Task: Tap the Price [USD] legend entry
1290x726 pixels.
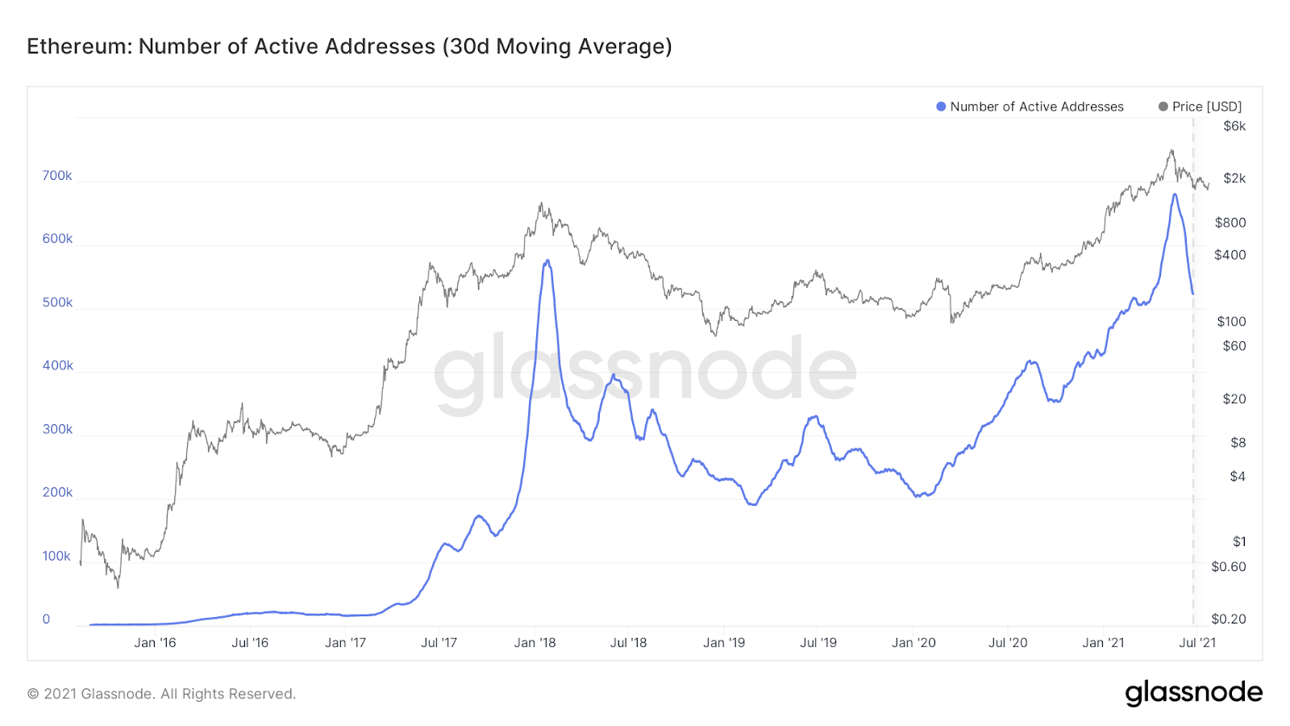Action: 1201,106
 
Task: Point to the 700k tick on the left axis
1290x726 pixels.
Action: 57,176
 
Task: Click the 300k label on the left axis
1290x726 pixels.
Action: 57,429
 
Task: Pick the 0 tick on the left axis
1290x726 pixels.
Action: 46,620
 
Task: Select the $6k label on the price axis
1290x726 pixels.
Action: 1234,126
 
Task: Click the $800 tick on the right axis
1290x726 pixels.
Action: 1230,223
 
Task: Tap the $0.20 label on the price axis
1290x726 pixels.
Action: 1228,619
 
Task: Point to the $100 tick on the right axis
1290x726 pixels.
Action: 1230,321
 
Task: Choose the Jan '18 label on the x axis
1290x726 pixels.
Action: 535,643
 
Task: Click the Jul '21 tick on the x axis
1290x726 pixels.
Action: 1196,643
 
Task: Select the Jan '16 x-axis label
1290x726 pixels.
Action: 155,643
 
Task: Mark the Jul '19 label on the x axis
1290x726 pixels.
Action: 818,643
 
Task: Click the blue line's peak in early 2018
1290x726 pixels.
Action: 547,261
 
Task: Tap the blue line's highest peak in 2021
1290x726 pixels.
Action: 1175,194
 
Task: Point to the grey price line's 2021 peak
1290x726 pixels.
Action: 1171,150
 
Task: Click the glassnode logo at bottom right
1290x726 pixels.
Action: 1193,693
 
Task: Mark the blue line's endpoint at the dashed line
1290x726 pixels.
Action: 1193,294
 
